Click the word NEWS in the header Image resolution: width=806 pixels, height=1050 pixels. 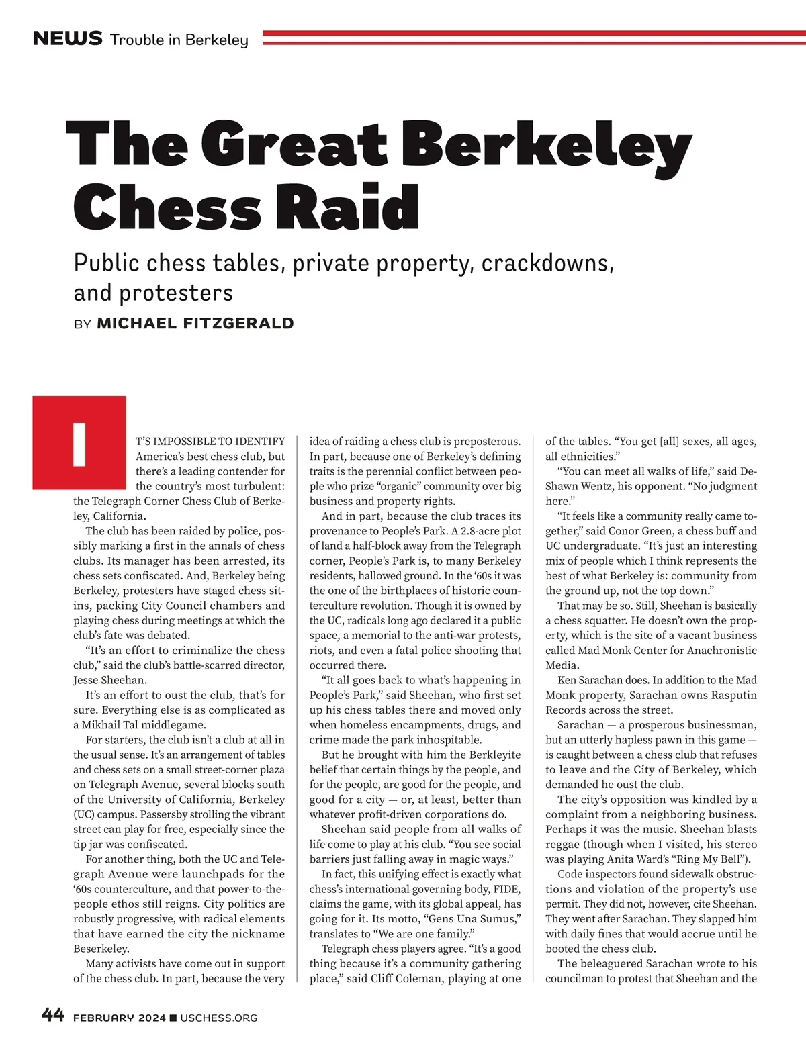click(x=67, y=38)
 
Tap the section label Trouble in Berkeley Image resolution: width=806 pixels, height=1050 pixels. click(x=179, y=40)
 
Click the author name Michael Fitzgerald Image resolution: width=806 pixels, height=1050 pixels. click(x=195, y=323)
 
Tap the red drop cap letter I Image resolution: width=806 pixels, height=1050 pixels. click(x=80, y=443)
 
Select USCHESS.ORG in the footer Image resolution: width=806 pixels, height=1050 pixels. click(x=219, y=1018)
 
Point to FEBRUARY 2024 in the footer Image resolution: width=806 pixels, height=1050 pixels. click(x=119, y=1018)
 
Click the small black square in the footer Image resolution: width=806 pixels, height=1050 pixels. click(x=173, y=1018)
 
